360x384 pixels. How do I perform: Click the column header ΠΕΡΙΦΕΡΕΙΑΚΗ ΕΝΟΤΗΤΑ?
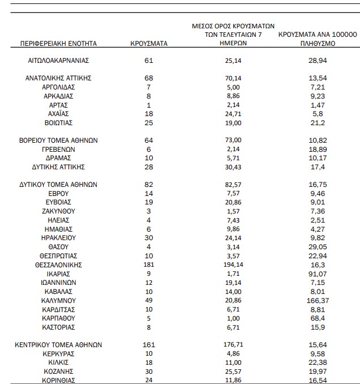59,43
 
